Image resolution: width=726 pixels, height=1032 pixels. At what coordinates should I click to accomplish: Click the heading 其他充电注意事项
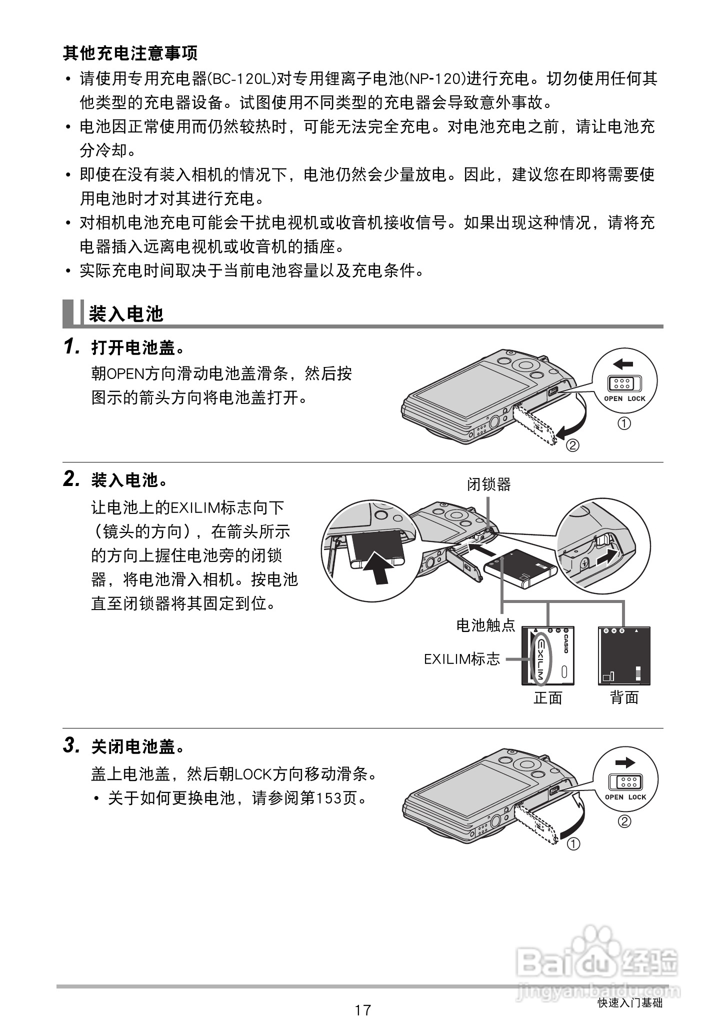130,52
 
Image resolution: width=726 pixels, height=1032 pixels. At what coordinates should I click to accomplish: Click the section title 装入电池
126,314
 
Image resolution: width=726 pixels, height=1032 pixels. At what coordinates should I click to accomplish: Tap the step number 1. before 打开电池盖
72,346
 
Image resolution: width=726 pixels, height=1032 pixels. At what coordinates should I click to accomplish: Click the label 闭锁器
488,484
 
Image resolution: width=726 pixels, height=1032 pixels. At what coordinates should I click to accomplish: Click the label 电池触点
485,625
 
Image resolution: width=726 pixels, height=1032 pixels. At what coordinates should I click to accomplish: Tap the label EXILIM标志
461,659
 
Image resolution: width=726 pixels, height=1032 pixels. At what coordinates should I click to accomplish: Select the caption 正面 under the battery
548,697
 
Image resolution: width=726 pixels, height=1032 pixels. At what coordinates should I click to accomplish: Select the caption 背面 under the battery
624,697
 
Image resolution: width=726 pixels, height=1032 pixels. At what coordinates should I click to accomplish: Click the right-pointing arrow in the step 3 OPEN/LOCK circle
625,762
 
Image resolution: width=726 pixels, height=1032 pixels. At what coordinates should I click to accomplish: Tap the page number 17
363,1009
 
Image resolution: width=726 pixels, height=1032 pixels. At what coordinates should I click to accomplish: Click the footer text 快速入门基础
630,1002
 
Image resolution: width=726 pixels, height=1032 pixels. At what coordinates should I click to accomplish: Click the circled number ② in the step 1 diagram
572,444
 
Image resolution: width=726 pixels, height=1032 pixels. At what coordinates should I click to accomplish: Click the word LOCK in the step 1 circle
636,398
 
